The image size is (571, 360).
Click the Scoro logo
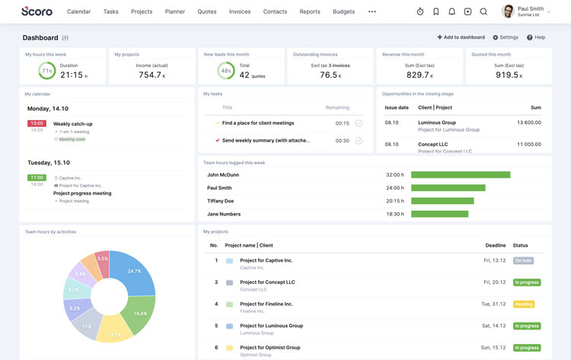pos(37,11)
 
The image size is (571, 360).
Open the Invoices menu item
pos(239,12)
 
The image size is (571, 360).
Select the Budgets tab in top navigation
pos(343,12)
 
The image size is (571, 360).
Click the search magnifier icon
pos(483,12)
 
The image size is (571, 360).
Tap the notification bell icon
pos(451,12)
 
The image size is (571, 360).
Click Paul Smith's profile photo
pos(508,11)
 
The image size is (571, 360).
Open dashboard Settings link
pos(506,37)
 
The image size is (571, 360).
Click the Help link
pos(536,37)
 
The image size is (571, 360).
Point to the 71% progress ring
pos(47,71)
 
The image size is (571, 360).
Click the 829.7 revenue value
pos(419,75)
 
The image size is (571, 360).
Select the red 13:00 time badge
pos(37,123)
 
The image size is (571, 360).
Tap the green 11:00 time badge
pos(37,177)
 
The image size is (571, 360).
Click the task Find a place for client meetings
pos(258,123)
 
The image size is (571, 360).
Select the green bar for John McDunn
pos(461,175)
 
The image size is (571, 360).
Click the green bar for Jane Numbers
pos(439,215)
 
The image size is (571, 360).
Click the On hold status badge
pos(523,260)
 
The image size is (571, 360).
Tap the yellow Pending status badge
pos(523,304)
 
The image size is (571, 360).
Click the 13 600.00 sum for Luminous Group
pos(528,123)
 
